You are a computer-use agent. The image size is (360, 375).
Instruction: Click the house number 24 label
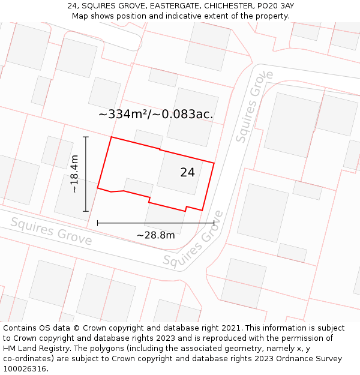click(x=187, y=172)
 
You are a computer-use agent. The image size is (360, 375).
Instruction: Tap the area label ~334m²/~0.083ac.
click(x=155, y=114)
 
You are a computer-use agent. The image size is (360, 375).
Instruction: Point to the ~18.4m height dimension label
click(x=74, y=174)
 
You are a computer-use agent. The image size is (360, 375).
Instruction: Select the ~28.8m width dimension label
click(x=155, y=235)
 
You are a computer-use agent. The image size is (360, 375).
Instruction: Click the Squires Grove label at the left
click(x=51, y=232)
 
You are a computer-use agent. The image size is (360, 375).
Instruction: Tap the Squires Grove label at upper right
click(x=254, y=106)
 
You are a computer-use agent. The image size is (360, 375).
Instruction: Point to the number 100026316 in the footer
click(x=24, y=369)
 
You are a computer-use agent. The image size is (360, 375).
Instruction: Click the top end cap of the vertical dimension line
click(x=86, y=137)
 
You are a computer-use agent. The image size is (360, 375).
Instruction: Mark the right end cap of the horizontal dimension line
click(x=214, y=223)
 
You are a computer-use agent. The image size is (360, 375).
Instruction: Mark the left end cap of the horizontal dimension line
click(x=97, y=223)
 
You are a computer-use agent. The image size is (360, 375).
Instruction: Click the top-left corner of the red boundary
click(x=111, y=137)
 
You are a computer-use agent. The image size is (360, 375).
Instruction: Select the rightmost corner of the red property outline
click(x=214, y=163)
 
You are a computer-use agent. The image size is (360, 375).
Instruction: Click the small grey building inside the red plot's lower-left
click(x=138, y=187)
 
